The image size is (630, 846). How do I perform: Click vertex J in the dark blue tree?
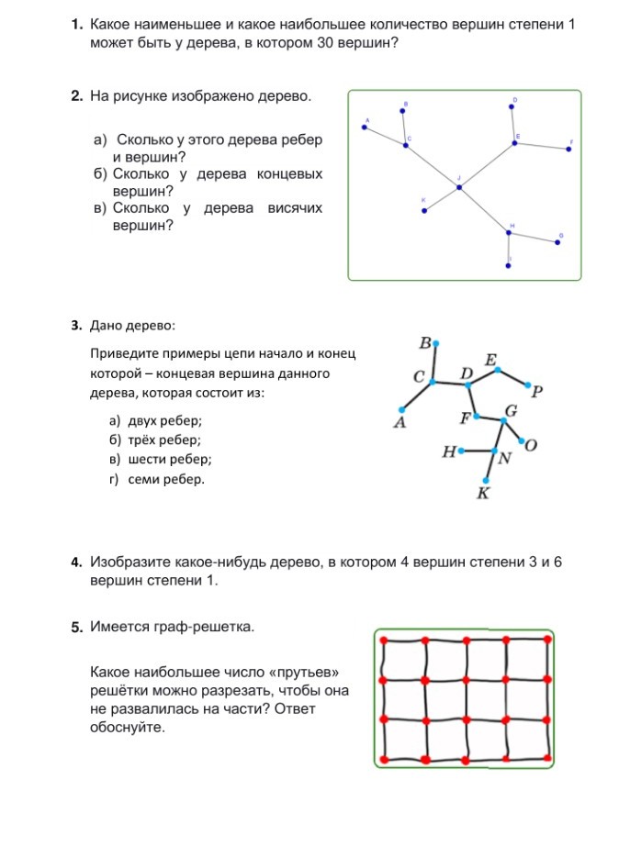(459, 187)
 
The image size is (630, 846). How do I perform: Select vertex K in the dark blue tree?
(424, 211)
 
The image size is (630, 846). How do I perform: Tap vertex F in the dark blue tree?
(569, 149)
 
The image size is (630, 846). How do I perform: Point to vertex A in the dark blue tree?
(365, 128)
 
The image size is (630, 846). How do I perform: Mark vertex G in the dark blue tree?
(558, 242)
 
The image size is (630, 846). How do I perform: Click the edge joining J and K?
(442, 199)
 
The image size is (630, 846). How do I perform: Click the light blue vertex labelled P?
(529, 384)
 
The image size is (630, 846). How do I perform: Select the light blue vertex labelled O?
(522, 441)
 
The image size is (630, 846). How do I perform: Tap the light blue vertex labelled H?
(461, 451)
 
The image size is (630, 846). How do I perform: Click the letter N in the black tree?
(504, 460)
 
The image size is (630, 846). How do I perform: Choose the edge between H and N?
(478, 451)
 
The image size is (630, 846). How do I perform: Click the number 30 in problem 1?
(327, 42)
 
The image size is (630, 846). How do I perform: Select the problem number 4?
(77, 562)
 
